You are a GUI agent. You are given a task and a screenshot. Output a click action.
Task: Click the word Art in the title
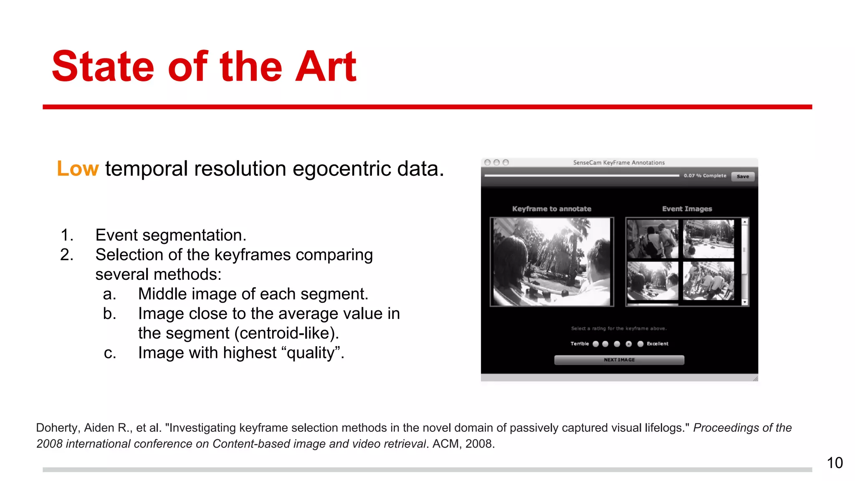[x=325, y=67]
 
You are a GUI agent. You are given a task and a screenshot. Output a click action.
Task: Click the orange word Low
[x=78, y=169]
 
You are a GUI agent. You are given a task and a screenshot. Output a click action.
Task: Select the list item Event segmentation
[x=170, y=235]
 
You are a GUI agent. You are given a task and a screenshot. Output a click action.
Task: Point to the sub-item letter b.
[x=109, y=314]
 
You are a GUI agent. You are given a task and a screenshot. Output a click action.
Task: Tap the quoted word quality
[x=311, y=353]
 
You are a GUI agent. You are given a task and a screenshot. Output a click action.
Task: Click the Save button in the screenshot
[x=742, y=176]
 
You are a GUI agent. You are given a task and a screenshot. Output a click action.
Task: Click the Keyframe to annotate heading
[x=551, y=209]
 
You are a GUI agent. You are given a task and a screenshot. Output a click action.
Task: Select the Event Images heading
[x=687, y=209]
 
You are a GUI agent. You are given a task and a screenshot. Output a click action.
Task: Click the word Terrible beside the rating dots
[x=579, y=344]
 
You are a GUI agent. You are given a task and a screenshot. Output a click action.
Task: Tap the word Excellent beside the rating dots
[x=658, y=344]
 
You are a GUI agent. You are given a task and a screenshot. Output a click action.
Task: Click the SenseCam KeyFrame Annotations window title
[x=618, y=162]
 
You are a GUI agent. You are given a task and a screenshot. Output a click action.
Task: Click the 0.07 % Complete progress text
[x=705, y=176]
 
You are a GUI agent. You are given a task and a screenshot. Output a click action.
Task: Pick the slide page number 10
[x=835, y=463]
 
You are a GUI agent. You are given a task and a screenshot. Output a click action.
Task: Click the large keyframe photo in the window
[x=551, y=262]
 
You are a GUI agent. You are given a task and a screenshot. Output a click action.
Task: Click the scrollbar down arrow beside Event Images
[x=744, y=302]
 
